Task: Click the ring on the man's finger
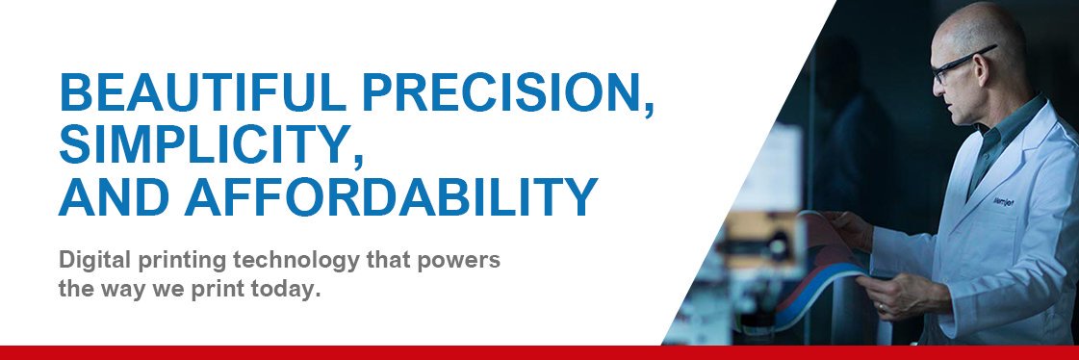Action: pyautogui.click(x=880, y=306)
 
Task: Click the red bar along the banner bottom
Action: pyautogui.click(x=539, y=352)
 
